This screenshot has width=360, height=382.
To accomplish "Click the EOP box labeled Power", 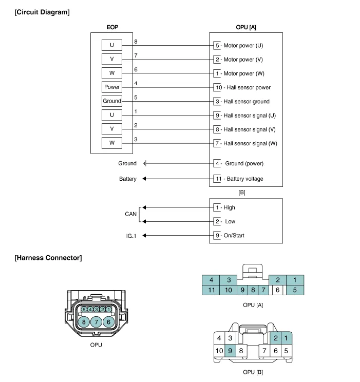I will [x=111, y=87].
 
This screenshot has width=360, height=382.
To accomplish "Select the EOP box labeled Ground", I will [x=111, y=101].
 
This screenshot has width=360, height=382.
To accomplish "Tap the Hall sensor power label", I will [x=247, y=88].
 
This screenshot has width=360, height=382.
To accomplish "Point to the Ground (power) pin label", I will [x=244, y=163].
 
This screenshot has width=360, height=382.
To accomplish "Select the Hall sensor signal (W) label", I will [x=250, y=143].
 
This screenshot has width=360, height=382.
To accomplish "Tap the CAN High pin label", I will [x=229, y=207].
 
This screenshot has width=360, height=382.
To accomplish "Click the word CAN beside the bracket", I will [x=130, y=214].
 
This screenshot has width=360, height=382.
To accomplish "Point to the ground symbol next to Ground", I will [x=145, y=163].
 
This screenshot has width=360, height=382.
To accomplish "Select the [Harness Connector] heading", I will [x=48, y=258].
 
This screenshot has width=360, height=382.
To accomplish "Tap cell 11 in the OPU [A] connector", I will [x=211, y=290].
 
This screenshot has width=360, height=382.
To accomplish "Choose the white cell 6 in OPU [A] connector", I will [x=277, y=290].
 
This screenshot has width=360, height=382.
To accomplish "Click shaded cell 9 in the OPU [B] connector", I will [x=231, y=351].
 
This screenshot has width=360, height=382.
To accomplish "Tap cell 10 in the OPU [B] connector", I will [x=219, y=351].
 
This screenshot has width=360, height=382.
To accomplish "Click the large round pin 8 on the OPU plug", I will [x=84, y=322].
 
